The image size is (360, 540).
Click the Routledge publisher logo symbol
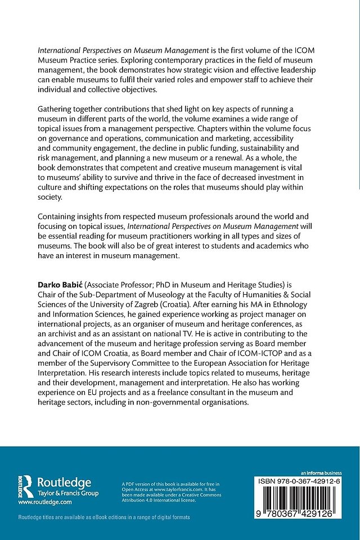coord(24,485)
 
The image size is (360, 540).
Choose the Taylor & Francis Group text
coord(68,493)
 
